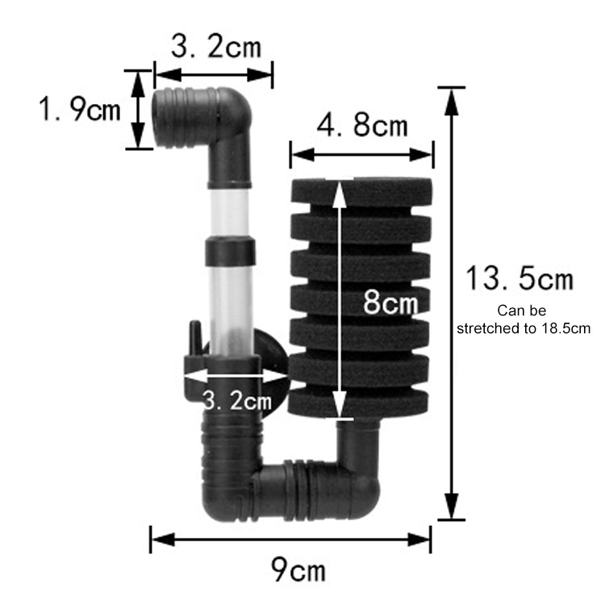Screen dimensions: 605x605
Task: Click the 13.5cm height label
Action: [x=519, y=279]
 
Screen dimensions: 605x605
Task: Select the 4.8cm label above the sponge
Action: [x=362, y=126]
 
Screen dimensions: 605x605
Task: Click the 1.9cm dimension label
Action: [x=81, y=109]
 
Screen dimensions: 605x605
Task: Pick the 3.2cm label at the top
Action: [x=216, y=46]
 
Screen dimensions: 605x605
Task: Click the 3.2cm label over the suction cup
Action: [x=235, y=399]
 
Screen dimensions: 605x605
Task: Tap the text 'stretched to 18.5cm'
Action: [x=524, y=328]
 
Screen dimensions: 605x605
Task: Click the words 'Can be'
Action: [x=522, y=310]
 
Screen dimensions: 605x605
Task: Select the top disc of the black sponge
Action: [x=361, y=192]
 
